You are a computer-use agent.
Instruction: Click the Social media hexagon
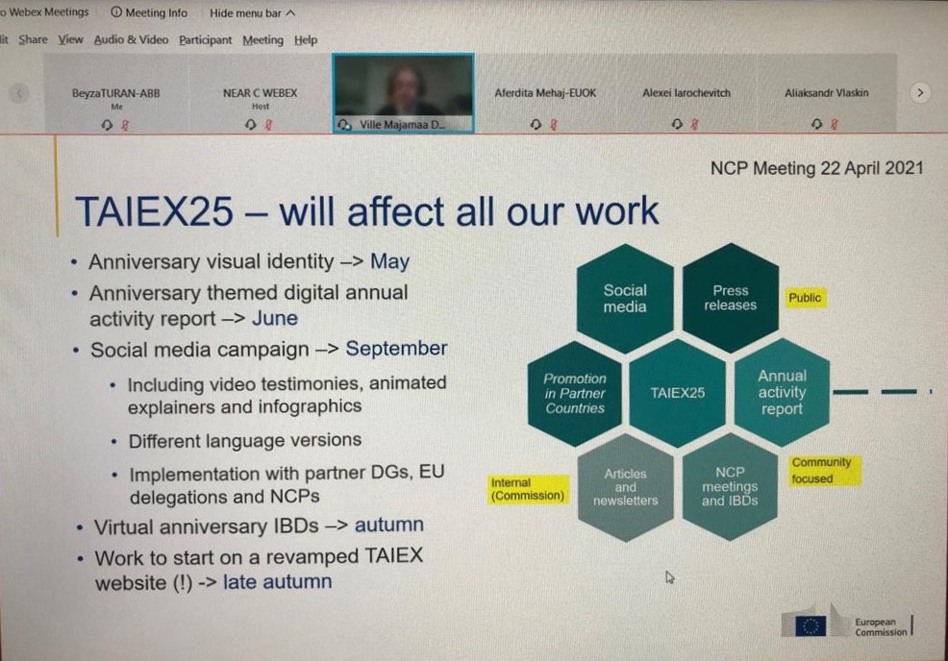tap(625, 298)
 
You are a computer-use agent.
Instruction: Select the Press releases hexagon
tap(730, 298)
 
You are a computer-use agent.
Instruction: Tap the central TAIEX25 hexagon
tap(677, 393)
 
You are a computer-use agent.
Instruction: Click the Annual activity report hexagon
tap(782, 392)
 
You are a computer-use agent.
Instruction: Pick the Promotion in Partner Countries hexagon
tap(575, 393)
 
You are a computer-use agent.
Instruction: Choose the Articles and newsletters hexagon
tap(625, 487)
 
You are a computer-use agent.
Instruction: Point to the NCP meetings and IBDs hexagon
tap(730, 486)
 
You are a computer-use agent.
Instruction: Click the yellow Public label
tap(805, 298)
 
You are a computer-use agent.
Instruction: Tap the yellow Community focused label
tap(820, 471)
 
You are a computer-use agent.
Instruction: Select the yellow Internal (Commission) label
tap(527, 489)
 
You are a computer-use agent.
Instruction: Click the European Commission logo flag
tap(810, 625)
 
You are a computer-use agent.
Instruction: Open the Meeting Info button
tap(150, 13)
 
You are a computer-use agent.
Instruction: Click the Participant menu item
tap(205, 40)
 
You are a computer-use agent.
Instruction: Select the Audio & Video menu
tap(131, 40)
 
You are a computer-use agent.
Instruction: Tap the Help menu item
tap(306, 40)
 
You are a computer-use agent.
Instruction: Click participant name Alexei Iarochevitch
tap(686, 93)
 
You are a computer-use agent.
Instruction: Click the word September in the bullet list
tap(396, 349)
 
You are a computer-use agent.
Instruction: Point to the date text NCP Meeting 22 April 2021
tap(816, 168)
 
